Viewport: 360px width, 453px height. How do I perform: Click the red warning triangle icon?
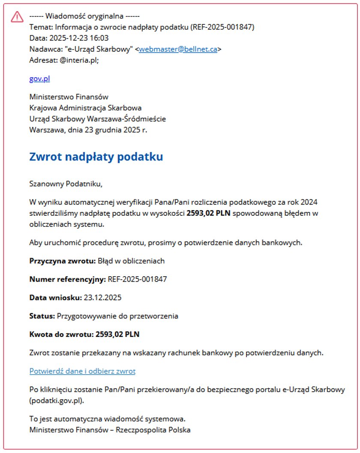[x=17, y=17]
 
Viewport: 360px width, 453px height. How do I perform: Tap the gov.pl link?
[x=39, y=79]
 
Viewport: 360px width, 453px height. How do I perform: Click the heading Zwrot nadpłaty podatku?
[x=96, y=157]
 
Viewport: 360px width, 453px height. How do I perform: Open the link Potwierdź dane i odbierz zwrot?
[x=82, y=371]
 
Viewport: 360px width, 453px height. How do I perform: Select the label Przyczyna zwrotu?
[x=63, y=261]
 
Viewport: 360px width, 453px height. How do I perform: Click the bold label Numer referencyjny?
[x=67, y=279]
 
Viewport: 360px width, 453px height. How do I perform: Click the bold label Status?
[x=42, y=316]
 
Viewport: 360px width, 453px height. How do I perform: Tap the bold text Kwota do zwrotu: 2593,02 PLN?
[x=87, y=334]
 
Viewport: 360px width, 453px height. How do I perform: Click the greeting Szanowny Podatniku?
[x=66, y=184]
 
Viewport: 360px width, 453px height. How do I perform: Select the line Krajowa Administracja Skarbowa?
[x=85, y=108]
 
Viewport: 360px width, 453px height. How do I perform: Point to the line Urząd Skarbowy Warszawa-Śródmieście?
[x=97, y=119]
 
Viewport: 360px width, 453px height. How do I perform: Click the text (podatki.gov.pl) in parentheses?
[x=57, y=401]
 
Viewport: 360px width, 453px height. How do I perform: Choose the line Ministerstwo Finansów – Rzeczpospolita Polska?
[x=110, y=429]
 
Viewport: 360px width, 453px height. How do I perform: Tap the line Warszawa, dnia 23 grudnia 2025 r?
[x=88, y=130]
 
